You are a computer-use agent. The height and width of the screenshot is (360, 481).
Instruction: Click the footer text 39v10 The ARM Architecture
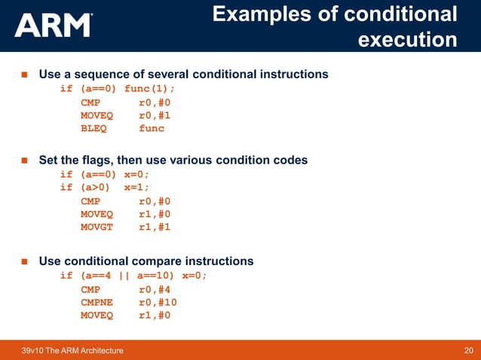tap(73, 350)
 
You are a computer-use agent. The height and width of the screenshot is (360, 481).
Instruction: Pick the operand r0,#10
tap(158, 302)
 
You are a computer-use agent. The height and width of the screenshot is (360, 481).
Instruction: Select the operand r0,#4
tap(155, 289)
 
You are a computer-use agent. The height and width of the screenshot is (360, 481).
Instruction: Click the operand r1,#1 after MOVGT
tap(155, 229)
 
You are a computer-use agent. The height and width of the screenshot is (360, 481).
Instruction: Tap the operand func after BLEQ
tap(151, 128)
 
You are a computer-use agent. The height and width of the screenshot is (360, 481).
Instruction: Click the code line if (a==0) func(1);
tap(122, 88)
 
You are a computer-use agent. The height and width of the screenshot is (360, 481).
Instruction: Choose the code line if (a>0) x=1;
tap(105, 188)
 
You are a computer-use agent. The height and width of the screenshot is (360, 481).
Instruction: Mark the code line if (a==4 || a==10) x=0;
tap(133, 276)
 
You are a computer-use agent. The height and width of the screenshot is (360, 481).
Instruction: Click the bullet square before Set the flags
tap(23, 160)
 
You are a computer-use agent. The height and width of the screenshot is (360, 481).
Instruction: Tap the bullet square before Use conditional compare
tap(23, 261)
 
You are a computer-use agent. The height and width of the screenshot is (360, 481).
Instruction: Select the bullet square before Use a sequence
tap(23, 75)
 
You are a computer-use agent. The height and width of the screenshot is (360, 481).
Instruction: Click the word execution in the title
tap(407, 38)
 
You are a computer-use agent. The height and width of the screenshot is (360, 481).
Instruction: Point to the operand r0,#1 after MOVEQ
tap(155, 115)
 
